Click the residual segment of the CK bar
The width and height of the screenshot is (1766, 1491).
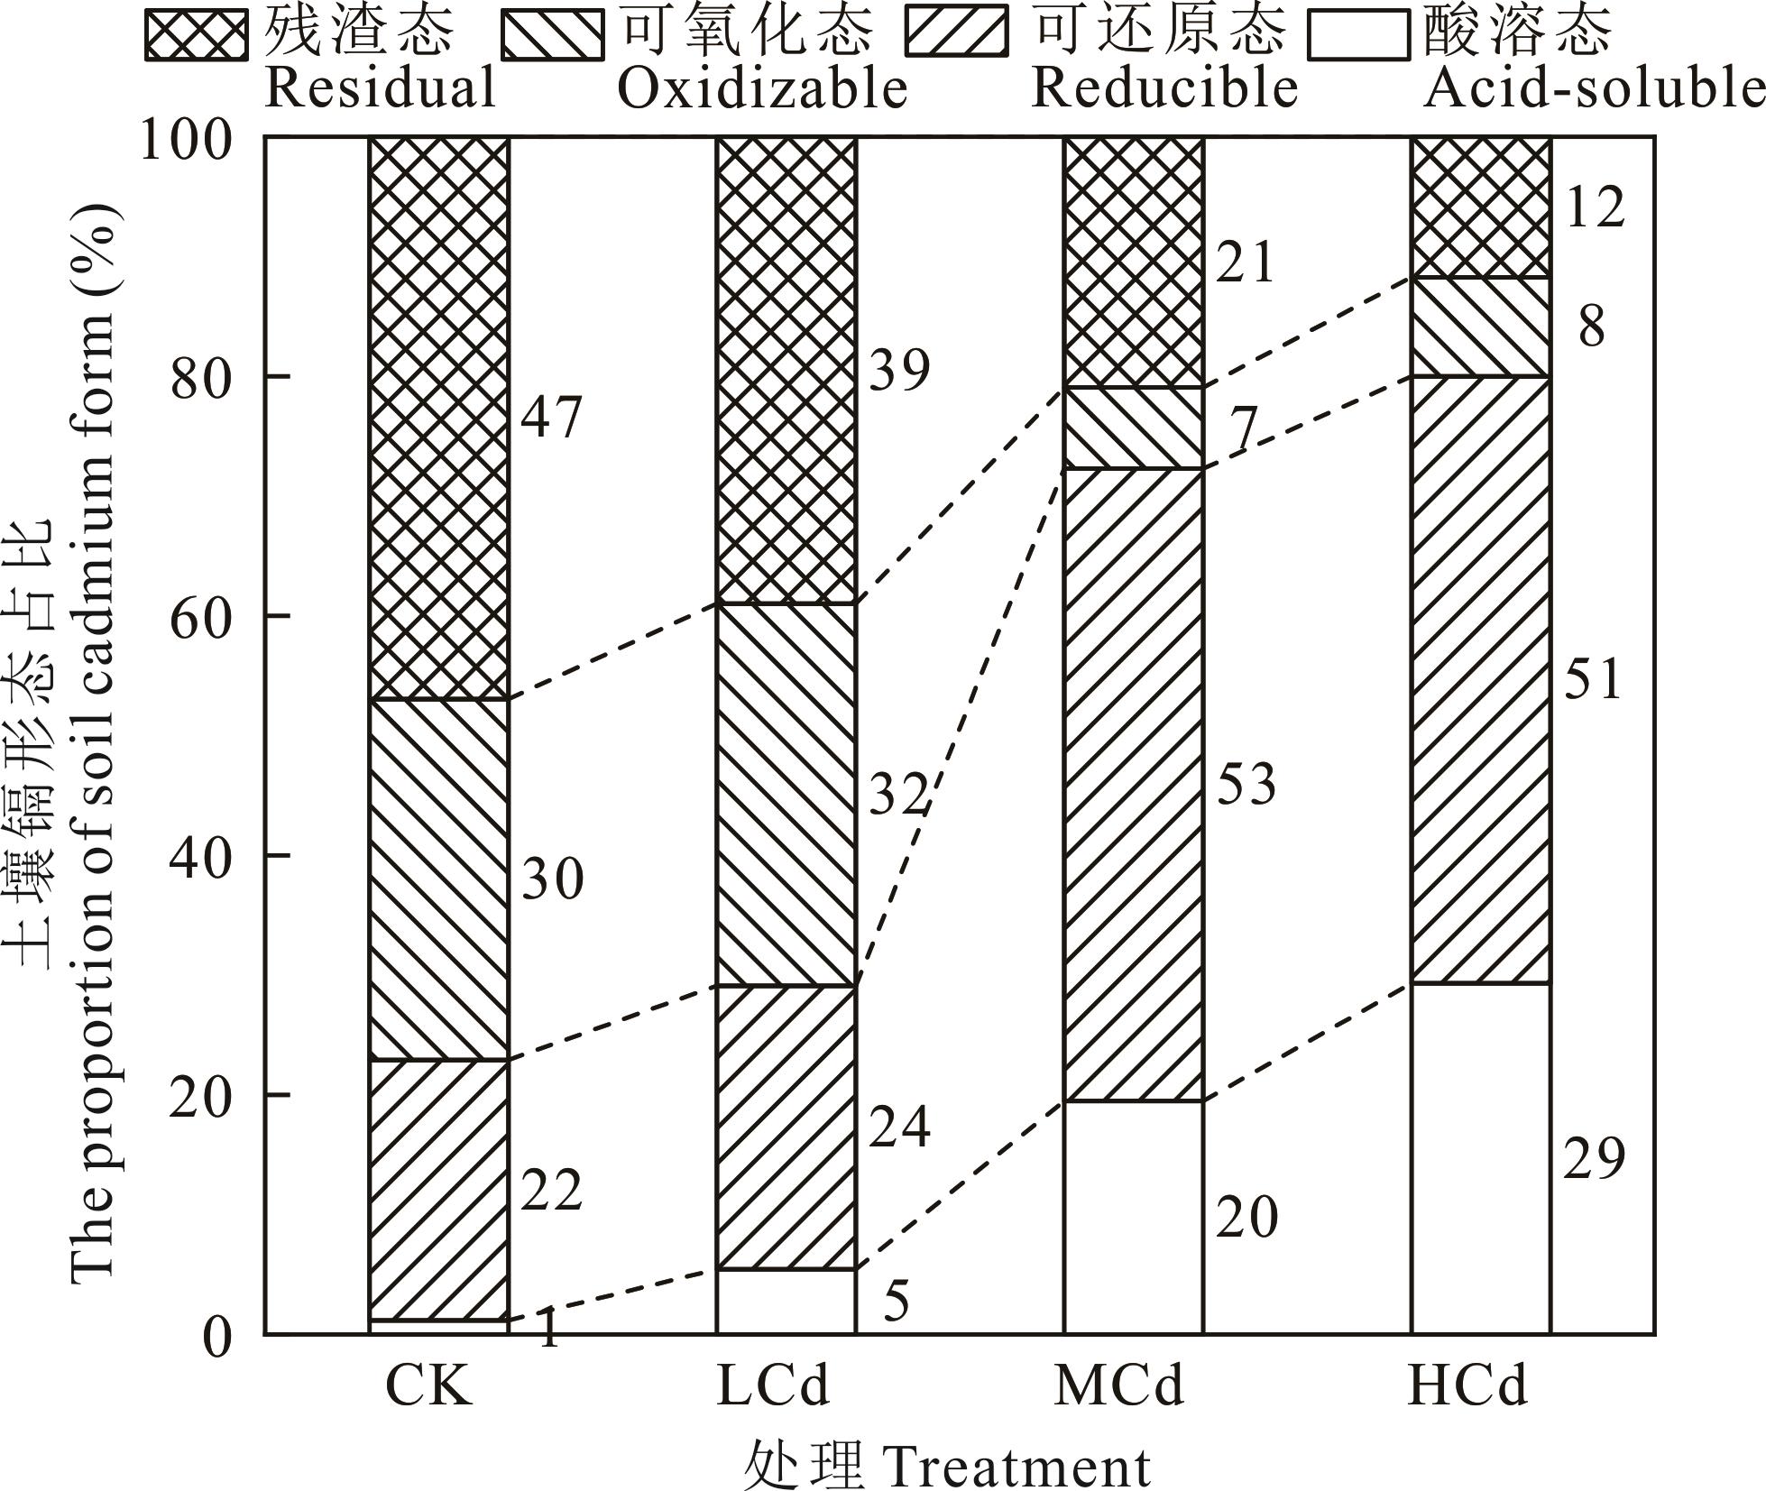(438, 418)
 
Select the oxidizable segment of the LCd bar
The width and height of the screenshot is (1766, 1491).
(786, 794)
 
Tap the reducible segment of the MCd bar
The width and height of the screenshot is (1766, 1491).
(1133, 785)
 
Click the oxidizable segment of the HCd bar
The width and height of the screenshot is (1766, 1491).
(1480, 327)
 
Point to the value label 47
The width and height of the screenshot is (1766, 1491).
(552, 418)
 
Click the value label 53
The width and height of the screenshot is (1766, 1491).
(1246, 785)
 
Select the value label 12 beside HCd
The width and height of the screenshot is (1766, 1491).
(1595, 208)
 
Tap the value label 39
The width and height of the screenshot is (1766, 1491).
(898, 370)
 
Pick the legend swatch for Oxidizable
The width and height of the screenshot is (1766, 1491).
(552, 34)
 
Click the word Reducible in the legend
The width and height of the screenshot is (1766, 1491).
(1164, 88)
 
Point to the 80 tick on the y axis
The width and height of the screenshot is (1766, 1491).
(199, 378)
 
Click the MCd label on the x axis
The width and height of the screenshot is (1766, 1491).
(1118, 1385)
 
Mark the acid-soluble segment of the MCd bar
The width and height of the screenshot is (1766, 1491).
(1133, 1218)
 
